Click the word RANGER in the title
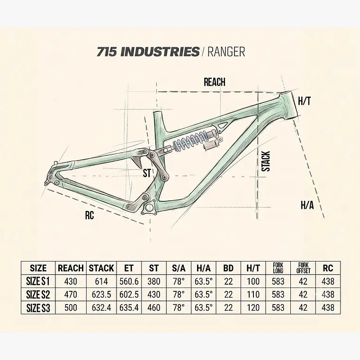click(x=226, y=52)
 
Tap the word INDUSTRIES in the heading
click(x=160, y=52)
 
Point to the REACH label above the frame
click(x=215, y=82)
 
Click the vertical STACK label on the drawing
click(x=266, y=161)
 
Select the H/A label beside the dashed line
click(x=307, y=205)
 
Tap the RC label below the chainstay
click(x=90, y=215)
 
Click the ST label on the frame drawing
click(x=147, y=173)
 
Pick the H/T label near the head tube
click(x=305, y=101)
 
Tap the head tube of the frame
click(x=289, y=105)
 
